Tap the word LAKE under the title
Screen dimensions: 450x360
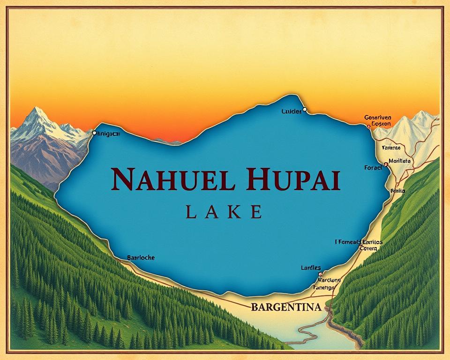224,212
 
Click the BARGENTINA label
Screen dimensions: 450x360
286,307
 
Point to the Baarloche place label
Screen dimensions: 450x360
141,257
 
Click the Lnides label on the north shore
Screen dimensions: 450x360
291,112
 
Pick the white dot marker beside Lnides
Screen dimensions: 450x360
305,109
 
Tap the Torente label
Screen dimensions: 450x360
391,148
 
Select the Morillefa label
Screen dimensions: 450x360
400,161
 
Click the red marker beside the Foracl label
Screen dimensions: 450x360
385,165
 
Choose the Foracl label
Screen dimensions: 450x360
373,167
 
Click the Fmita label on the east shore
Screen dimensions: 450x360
397,191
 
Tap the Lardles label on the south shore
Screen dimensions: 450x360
311,268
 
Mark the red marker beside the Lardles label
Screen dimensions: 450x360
320,274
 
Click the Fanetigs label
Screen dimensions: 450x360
323,287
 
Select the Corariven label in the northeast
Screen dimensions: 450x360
378,118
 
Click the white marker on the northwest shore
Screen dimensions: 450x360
94,133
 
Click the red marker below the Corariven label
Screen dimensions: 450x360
368,126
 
